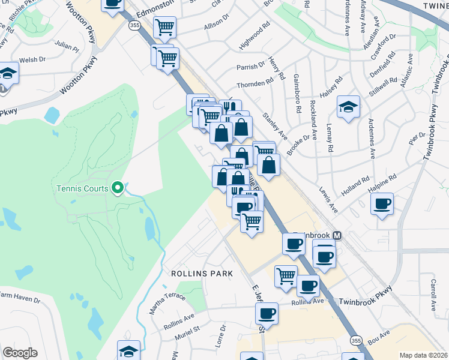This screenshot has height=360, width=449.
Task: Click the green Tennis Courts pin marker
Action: click(118, 188)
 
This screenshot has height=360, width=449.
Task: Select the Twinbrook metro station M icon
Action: click(337, 236)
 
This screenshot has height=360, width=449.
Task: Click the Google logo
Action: click(20, 352)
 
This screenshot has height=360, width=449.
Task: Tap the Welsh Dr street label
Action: click(33, 59)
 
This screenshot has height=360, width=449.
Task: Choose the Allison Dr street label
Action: click(216, 26)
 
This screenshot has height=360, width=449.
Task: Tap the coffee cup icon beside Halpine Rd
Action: click(382, 205)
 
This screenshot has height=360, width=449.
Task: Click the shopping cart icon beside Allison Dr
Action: click(164, 26)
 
